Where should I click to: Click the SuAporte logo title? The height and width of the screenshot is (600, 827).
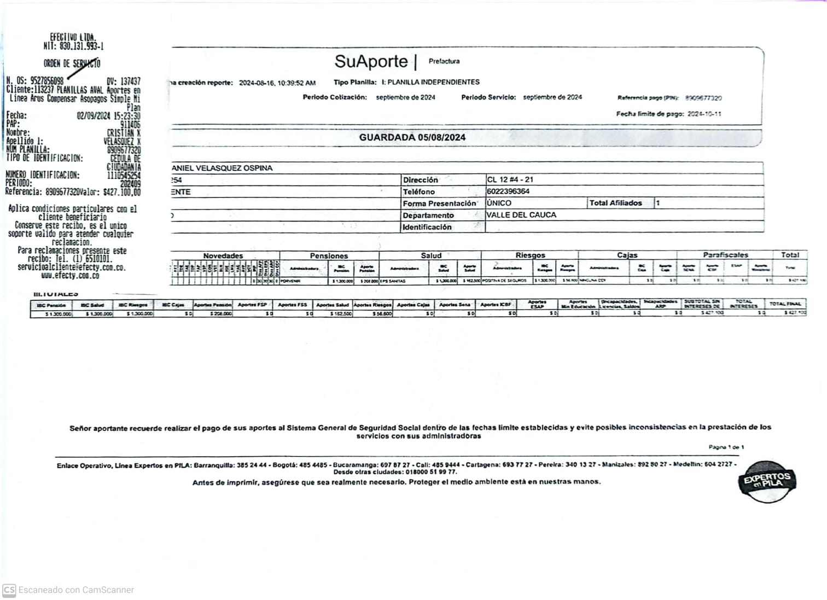pyautogui.click(x=371, y=61)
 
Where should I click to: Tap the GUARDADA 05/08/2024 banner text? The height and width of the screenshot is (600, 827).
pyautogui.click(x=412, y=137)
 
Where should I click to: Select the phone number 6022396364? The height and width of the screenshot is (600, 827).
pyautogui.click(x=508, y=191)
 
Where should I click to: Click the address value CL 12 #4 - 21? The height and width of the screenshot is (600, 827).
pyautogui.click(x=510, y=179)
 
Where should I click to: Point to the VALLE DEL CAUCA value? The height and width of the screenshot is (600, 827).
pyautogui.click(x=521, y=215)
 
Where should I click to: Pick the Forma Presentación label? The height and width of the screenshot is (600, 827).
pyautogui.click(x=439, y=203)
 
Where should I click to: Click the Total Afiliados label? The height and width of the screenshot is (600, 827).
pyautogui.click(x=615, y=203)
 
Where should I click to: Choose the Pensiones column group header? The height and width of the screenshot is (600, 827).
pyautogui.click(x=329, y=255)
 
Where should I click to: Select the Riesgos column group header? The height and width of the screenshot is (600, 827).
pyautogui.click(x=530, y=255)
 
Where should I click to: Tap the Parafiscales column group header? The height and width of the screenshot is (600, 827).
pyautogui.click(x=725, y=255)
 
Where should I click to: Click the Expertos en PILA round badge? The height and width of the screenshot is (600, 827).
pyautogui.click(x=767, y=481)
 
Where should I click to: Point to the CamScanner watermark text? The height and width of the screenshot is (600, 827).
pyautogui.click(x=76, y=590)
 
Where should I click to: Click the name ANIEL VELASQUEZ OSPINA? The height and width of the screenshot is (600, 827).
pyautogui.click(x=222, y=168)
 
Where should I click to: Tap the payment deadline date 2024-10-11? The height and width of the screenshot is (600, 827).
pyautogui.click(x=704, y=114)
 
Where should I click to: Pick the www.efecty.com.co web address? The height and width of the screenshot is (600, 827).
pyautogui.click(x=70, y=276)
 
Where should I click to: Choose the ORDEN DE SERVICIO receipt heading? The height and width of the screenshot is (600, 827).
pyautogui.click(x=72, y=63)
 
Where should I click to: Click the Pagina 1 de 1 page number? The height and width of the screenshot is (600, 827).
pyautogui.click(x=726, y=447)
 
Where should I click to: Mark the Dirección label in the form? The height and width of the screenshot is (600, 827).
pyautogui.click(x=420, y=180)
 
